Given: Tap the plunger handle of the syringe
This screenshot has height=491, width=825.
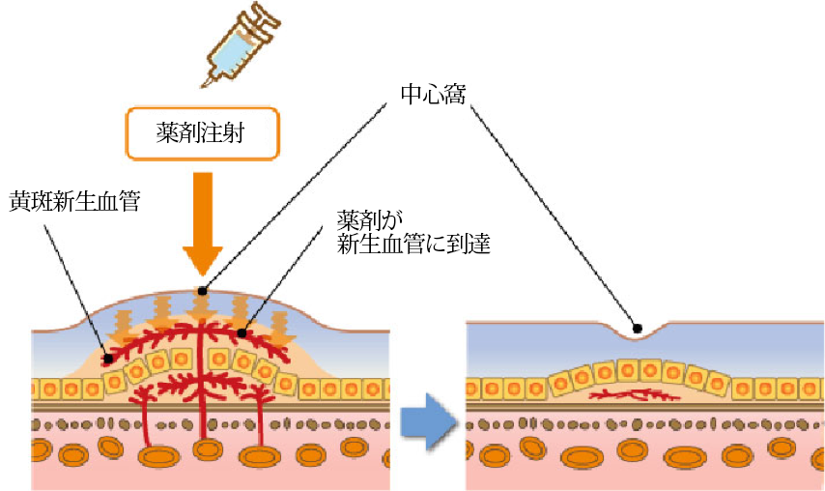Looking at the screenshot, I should click(271, 14).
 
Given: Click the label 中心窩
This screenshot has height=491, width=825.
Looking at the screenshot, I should click(432, 95).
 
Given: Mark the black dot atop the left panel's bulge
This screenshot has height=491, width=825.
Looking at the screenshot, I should click(201, 290).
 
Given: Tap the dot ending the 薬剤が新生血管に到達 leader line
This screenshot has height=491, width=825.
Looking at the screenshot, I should click(242, 332).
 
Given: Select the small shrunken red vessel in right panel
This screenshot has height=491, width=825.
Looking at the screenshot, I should click(633, 394).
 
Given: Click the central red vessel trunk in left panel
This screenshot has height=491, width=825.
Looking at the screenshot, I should click(202, 406).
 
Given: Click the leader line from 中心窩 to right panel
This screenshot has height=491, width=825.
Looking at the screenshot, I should click(551, 213).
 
